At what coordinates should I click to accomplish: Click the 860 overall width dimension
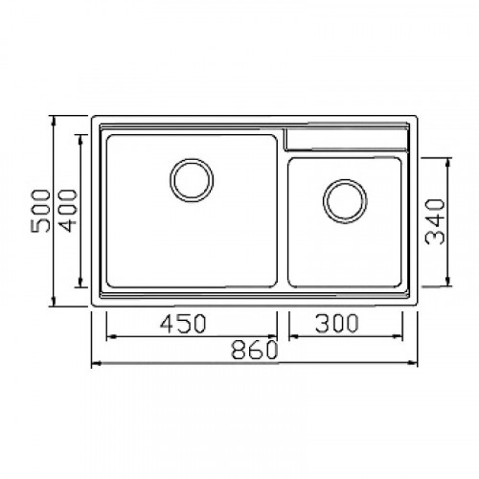(255, 351)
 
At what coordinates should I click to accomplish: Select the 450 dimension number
(183, 324)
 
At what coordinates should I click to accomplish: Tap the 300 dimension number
(336, 323)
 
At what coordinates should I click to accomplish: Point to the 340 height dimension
(435, 221)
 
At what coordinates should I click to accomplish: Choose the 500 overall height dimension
(40, 211)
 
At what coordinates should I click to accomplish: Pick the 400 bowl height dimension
(68, 211)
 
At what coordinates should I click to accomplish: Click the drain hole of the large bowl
(192, 180)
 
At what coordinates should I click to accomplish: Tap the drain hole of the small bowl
(345, 201)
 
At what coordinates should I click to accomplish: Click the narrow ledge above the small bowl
(346, 140)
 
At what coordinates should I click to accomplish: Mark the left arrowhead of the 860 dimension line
(97, 363)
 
